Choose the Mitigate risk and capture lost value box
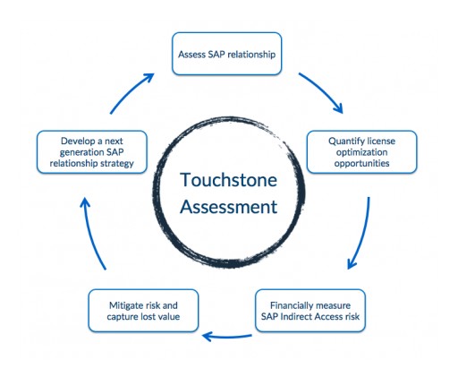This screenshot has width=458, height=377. click(142, 310)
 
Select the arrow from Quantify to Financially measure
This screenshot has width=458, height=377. click(361, 235)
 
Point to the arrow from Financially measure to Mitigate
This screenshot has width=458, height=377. click(227, 337)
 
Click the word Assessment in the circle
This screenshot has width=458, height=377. click(230, 209)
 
